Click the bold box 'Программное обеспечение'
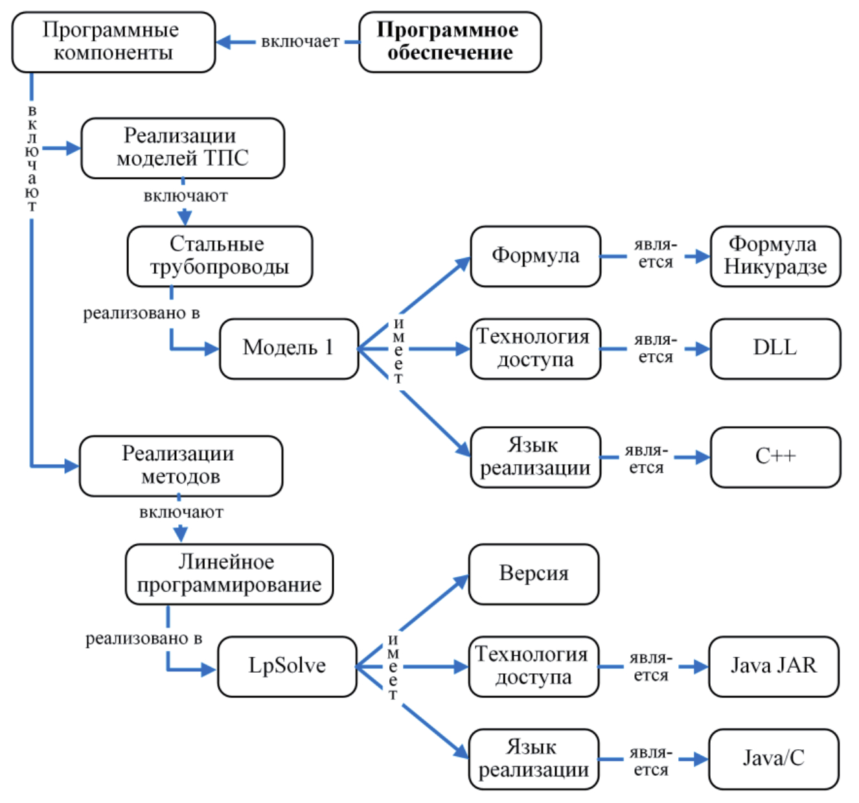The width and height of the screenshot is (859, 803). tap(450, 41)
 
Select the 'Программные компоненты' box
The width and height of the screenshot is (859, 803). tap(113, 41)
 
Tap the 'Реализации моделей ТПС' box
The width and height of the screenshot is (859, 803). tap(182, 148)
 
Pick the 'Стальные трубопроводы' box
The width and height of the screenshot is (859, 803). tap(220, 256)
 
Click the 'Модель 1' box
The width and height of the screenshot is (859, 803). tap(288, 348)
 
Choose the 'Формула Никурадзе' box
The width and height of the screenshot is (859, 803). tap(775, 256)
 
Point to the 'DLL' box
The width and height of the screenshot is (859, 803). tap(775, 348)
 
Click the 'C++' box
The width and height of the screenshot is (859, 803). tap(775, 456)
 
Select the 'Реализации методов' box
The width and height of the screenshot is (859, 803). tap(181, 465)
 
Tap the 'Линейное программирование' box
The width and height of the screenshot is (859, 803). tap(229, 574)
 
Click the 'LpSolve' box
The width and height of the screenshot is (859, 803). tap(287, 666)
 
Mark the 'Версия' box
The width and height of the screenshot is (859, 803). tap(533, 574)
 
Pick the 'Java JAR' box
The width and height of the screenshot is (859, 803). tap(773, 666)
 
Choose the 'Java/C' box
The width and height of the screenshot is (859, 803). tap(773, 758)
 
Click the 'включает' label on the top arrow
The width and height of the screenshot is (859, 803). tap(300, 42)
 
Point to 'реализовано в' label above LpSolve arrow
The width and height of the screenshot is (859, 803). tap(143, 639)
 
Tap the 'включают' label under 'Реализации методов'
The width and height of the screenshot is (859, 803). tap(181, 513)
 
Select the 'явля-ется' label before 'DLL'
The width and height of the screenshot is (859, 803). tap(655, 348)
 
